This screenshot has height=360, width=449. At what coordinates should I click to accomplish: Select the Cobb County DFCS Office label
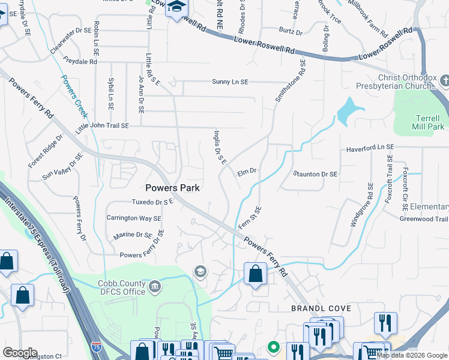tap(121, 287)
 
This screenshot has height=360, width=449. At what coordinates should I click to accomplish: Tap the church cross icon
tap(445, 80)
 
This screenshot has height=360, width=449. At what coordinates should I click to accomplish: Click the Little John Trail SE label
tap(102, 127)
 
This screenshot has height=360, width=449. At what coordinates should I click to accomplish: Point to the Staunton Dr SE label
tap(315, 174)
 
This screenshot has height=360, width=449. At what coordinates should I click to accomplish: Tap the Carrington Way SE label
tap(134, 218)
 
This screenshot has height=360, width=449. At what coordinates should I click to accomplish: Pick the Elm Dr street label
tap(247, 172)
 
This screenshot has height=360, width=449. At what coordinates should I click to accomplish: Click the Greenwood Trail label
tap(424, 219)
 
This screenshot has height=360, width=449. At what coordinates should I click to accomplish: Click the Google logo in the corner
tap(20, 353)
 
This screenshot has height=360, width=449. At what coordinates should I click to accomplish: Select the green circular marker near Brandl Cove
tap(274, 347)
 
